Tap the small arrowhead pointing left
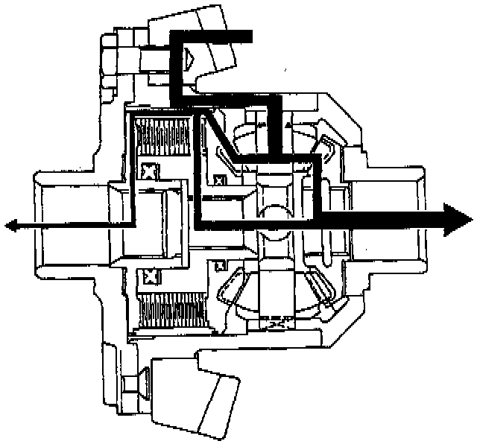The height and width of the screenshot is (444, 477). [10, 223]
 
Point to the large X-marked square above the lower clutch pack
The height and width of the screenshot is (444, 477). [151, 277]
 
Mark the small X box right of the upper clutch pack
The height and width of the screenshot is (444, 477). [219, 180]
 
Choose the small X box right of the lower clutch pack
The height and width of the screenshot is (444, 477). [219, 265]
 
